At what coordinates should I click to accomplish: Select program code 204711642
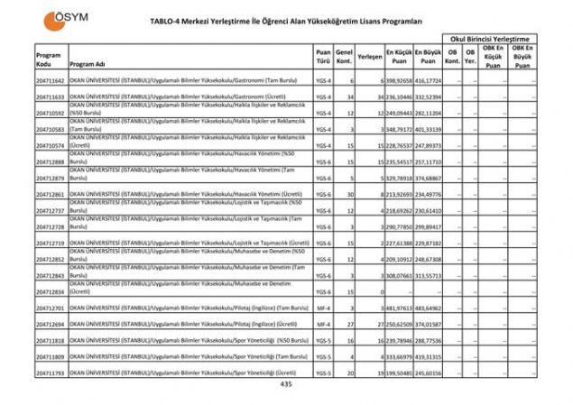click(51, 81)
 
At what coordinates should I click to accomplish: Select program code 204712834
click(51, 292)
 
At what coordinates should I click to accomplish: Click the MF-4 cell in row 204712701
click(324, 308)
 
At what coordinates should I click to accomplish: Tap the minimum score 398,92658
click(398, 81)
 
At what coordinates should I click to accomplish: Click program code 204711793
click(51, 373)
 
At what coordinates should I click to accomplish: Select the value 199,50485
click(398, 373)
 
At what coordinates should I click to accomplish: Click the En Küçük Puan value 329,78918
click(398, 179)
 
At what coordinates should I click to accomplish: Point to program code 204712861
click(51, 195)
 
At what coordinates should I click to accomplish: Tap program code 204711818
click(51, 341)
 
